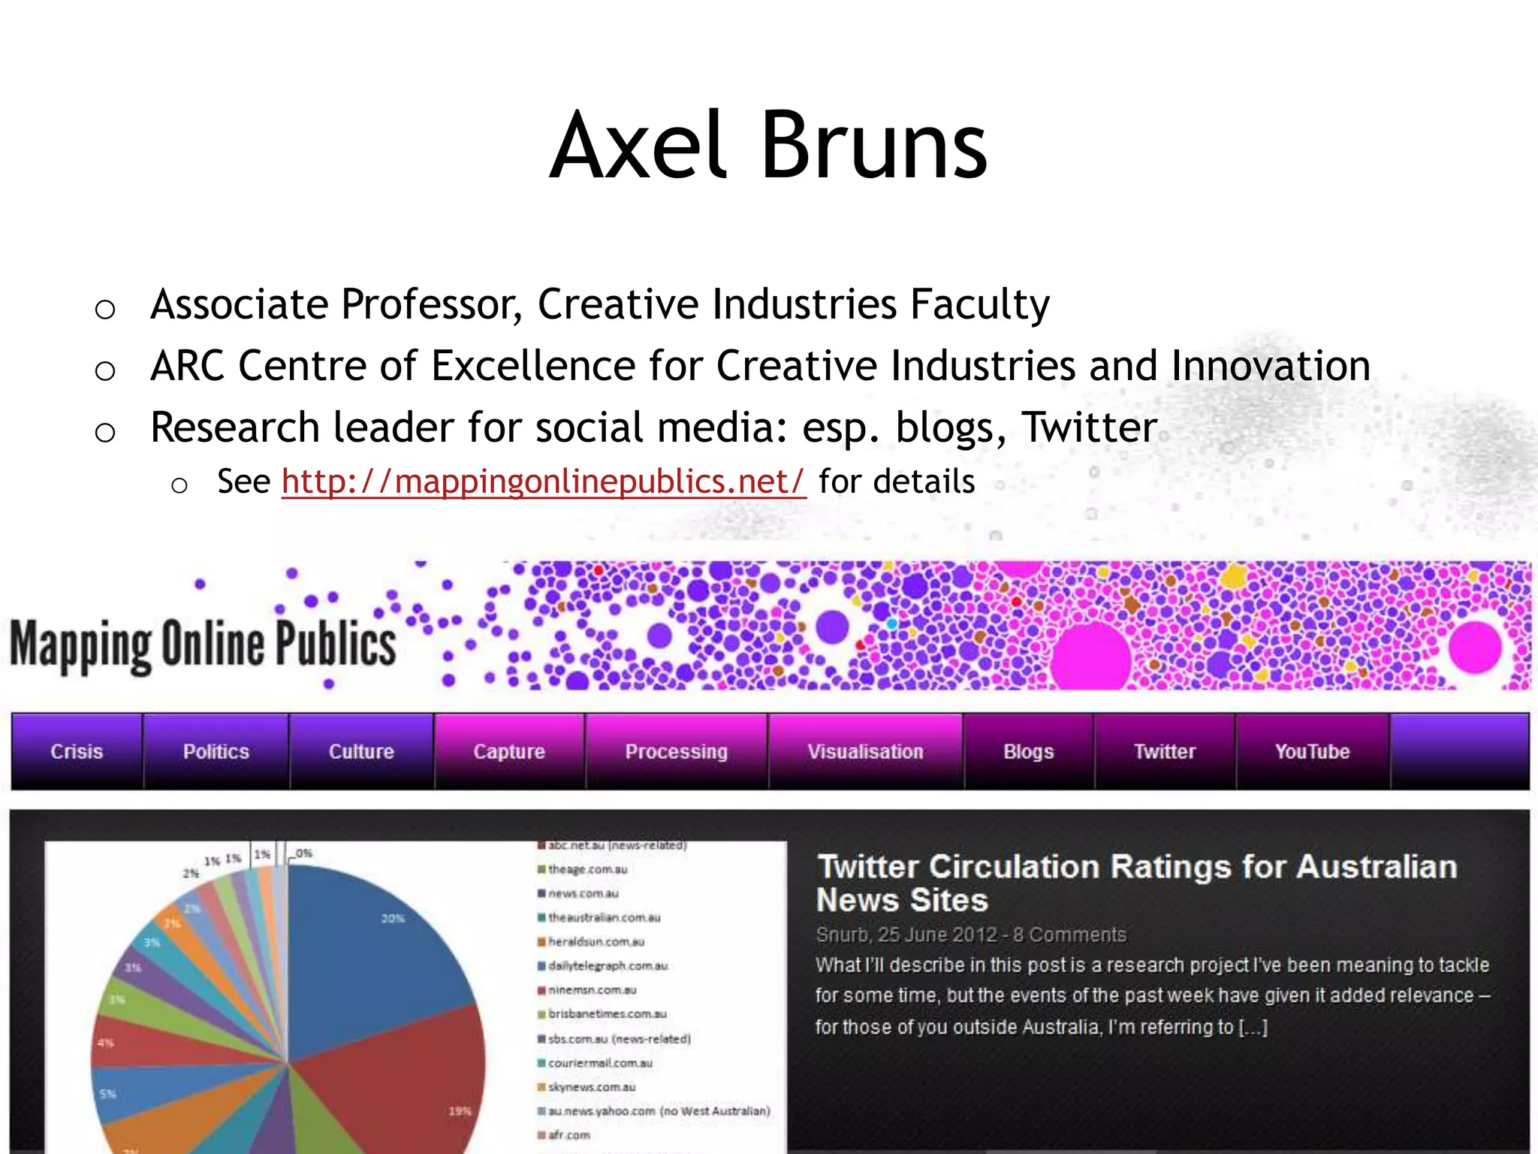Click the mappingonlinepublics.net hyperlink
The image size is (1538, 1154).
pos(544,482)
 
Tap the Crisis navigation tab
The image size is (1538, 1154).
pos(77,751)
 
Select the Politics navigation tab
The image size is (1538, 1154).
pos(216,751)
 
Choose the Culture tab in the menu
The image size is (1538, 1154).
pos(361,751)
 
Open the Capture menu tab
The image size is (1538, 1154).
pos(509,751)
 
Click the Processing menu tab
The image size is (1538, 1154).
pos(676,751)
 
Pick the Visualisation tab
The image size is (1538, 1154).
pos(865,751)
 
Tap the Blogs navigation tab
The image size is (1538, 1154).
pos(1029,751)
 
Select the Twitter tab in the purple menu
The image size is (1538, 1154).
pos(1165,751)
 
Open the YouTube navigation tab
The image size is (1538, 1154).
pos(1312,751)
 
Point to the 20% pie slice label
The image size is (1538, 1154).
pos(393,918)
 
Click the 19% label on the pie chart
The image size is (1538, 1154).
pos(460,1111)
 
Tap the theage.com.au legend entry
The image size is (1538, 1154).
pos(587,869)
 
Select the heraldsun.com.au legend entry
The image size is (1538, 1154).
pos(596,941)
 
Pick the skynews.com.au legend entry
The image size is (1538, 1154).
pos(592,1087)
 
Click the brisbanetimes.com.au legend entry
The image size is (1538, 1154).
pos(607,1014)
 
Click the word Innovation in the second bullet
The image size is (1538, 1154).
pos(1271,366)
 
